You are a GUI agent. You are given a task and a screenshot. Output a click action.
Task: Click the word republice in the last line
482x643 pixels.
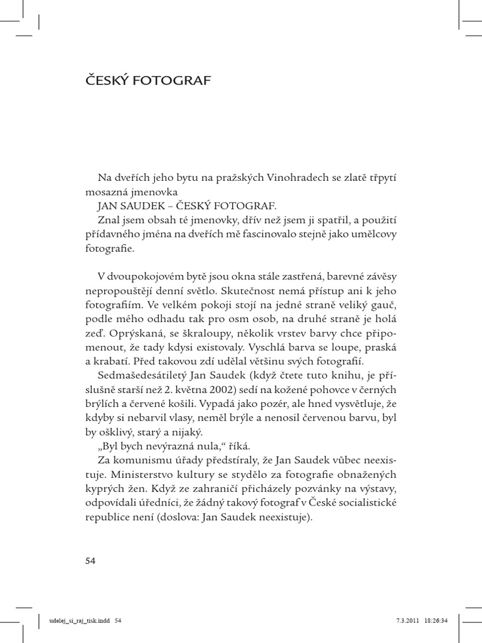tap(107, 519)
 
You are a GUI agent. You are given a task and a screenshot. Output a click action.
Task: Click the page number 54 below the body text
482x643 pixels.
tap(91, 560)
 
